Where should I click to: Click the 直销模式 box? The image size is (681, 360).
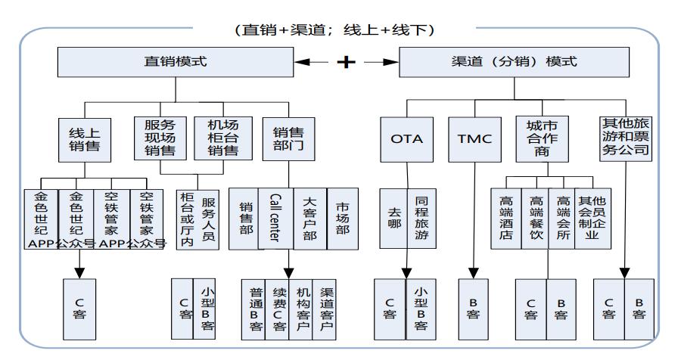pos(175,62)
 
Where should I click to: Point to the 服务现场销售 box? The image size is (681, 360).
pos(154,138)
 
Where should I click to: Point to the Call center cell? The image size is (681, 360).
pos(275,219)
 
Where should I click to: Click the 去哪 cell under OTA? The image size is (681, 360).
pos(393,219)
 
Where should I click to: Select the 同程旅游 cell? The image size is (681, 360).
pos(421,219)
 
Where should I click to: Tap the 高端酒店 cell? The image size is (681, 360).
pos(505,219)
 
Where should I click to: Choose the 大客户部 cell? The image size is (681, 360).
pos(309,219)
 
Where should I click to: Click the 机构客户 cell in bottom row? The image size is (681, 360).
pos(302,309)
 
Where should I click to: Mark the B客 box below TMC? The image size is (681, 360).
pos(474,309)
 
